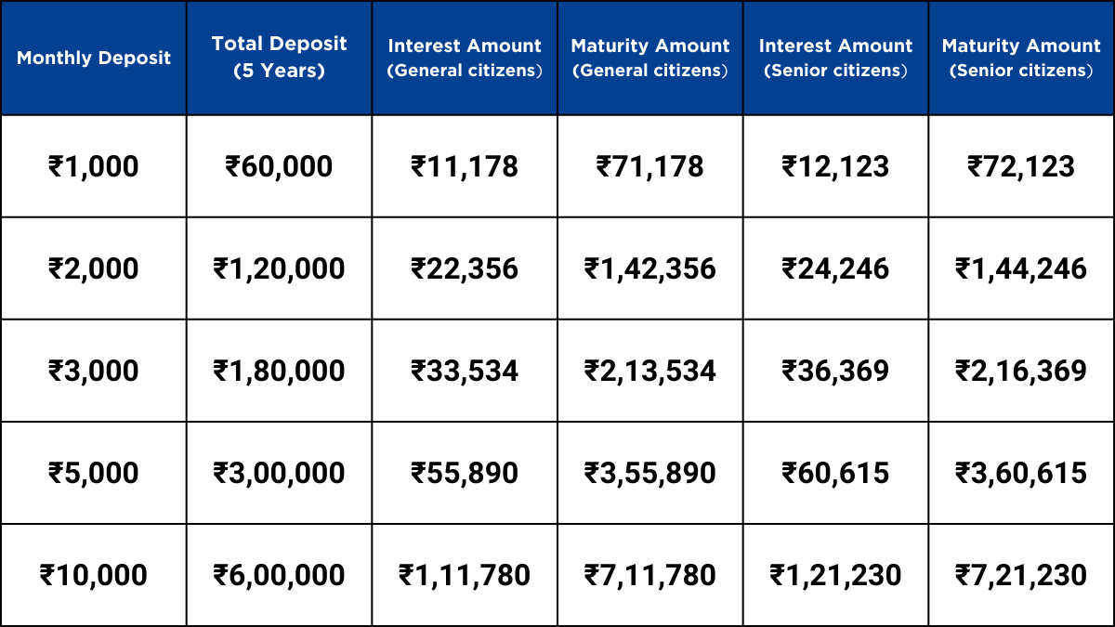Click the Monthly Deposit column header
94,58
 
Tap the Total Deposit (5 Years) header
279,57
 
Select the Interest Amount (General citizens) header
465,58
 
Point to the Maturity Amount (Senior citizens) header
1021,58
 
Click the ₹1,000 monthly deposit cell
94,167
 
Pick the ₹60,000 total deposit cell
279,167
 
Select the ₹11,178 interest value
465,167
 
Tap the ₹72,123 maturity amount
1021,167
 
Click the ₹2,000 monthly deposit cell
94,269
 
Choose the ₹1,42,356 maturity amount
650,269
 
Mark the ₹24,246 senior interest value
835,269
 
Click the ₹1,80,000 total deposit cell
279,372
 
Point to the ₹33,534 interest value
465,372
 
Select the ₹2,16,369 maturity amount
1021,372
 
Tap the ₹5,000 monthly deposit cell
94,474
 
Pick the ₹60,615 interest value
835,474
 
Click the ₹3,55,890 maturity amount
650,474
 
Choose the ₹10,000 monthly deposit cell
94,576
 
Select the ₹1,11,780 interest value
465,576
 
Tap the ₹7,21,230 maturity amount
1021,576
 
